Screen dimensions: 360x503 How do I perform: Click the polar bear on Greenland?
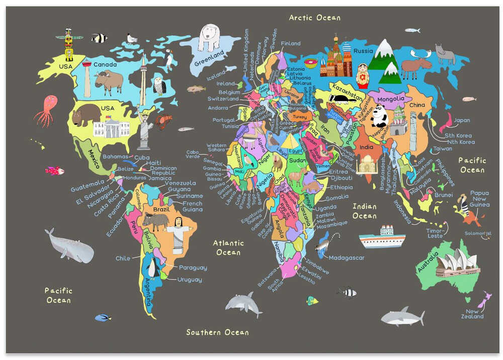[209, 38]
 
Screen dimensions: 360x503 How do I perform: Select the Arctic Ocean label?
[314, 18]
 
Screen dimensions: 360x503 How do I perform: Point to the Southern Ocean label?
[217, 332]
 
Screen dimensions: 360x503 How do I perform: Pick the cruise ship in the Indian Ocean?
[382, 238]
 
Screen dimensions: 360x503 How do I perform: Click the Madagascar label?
[347, 258]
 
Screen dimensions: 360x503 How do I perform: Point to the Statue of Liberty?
[144, 130]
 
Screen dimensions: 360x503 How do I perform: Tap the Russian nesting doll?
[362, 76]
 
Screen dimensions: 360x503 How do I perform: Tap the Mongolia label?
[391, 99]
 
